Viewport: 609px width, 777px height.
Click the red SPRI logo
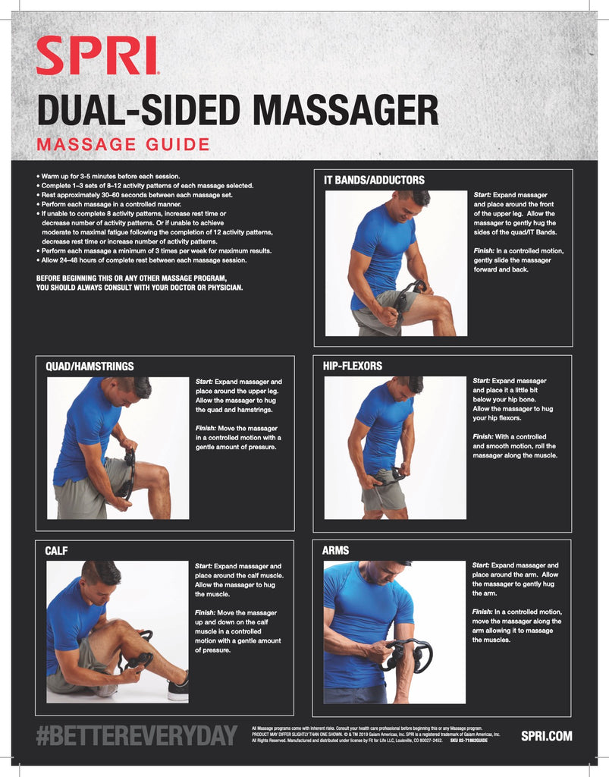[x=97, y=56]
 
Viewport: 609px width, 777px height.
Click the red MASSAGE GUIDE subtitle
[x=123, y=143]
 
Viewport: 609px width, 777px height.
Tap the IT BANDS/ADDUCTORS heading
[x=374, y=180]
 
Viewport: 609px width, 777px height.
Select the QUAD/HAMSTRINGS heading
[x=89, y=366]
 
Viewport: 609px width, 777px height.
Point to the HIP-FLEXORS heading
[x=352, y=366]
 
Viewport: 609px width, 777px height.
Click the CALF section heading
[x=57, y=551]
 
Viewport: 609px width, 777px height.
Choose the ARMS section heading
[x=335, y=550]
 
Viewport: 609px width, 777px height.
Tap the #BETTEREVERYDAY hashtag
[x=137, y=735]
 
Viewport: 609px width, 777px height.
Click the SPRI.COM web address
[x=546, y=735]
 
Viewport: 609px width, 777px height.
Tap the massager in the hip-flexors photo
[x=388, y=477]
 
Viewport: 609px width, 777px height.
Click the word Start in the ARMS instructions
[x=480, y=565]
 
